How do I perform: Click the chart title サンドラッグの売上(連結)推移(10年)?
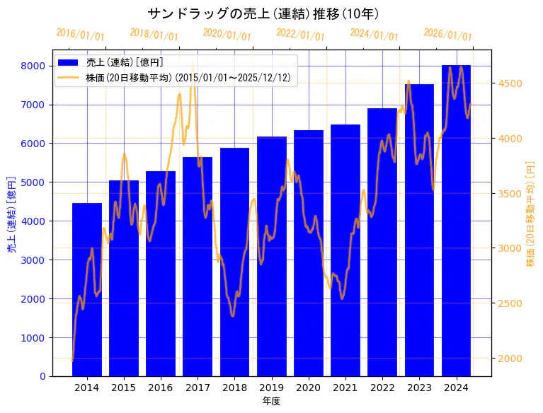pos(263,13)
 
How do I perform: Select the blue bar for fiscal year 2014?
pos(87,290)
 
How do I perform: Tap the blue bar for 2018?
pos(234,262)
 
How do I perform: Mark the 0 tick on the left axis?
pos(42,376)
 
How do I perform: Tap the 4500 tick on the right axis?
pos(510,83)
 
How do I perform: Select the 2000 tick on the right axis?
pos(510,359)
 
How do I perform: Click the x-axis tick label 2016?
pos(161,388)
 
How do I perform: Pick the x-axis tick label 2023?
pos(419,388)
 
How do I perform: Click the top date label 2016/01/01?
pos(80,35)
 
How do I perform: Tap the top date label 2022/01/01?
pos(300,35)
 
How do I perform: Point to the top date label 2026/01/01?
pos(447,35)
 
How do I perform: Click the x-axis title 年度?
pos(271,401)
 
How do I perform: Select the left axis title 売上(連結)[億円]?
pos(11,213)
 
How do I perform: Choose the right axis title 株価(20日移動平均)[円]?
pos(530,213)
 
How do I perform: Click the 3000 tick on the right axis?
pos(510,248)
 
